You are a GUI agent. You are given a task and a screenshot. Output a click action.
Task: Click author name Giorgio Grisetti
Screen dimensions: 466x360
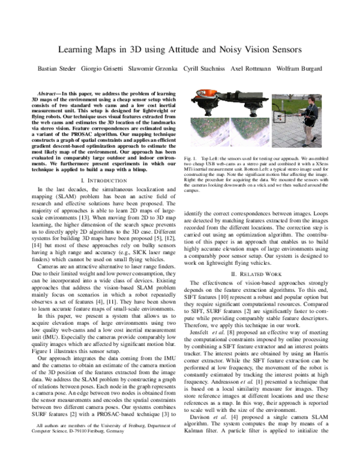point(123,68)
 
